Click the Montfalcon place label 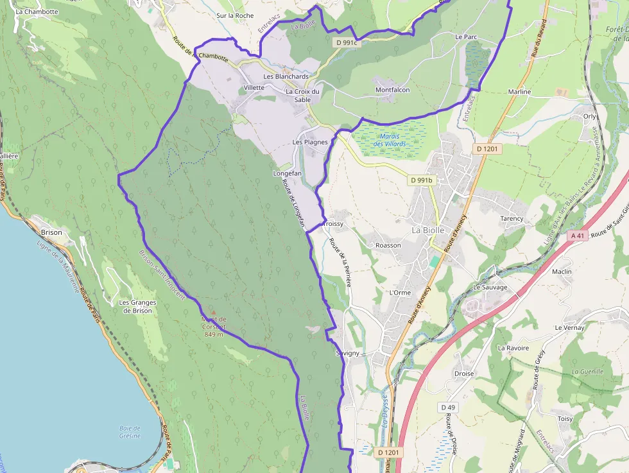click(x=392, y=90)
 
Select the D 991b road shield click(x=422, y=180)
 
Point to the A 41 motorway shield click(x=578, y=236)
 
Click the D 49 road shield click(x=448, y=408)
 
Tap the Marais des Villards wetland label click(x=390, y=140)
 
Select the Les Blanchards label click(x=286, y=76)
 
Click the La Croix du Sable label click(x=302, y=95)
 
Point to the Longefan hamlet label click(x=287, y=173)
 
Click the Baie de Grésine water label click(x=130, y=431)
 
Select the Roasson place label click(x=388, y=245)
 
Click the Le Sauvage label click(x=490, y=287)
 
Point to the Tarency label click(x=512, y=219)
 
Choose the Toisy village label click(x=564, y=418)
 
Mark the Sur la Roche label click(x=235, y=15)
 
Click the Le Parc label click(x=466, y=37)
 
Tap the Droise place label click(x=463, y=374)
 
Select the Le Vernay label click(x=569, y=327)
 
